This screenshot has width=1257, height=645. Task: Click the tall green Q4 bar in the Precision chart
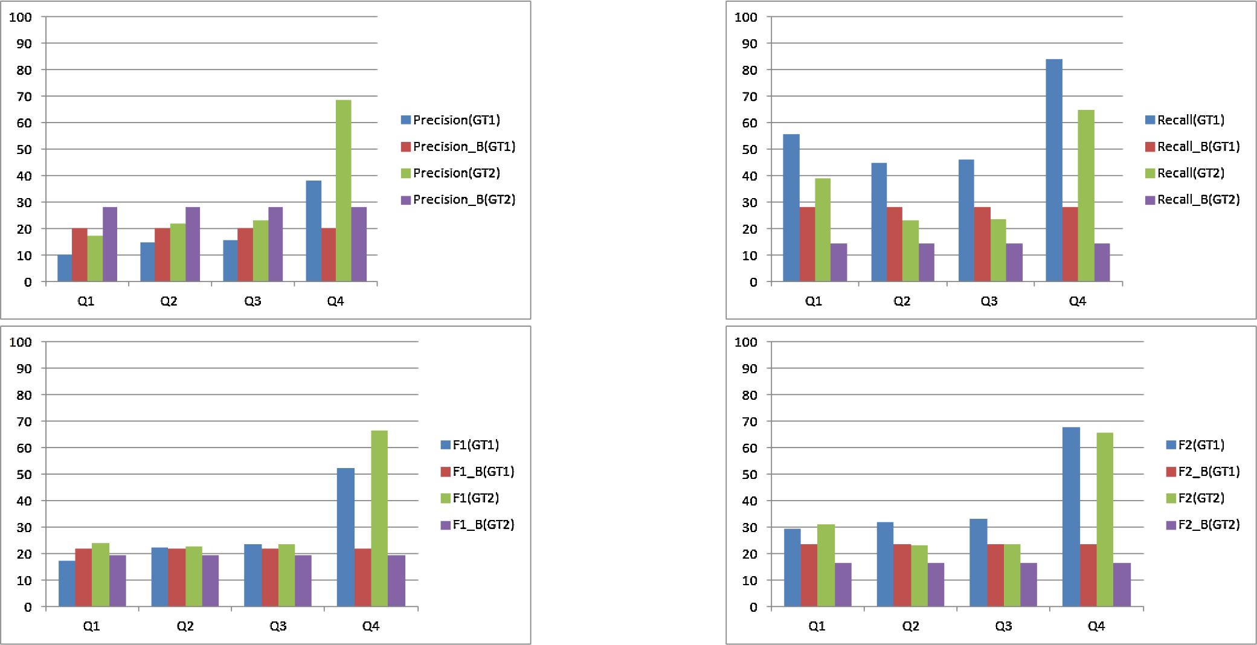[343, 190]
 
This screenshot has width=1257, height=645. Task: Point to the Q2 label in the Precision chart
[169, 301]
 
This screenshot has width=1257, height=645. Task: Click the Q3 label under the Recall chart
[989, 301]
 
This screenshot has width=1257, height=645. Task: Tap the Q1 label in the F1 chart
[91, 626]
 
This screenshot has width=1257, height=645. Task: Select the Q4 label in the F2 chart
[1096, 626]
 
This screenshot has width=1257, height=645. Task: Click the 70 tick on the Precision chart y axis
[24, 97]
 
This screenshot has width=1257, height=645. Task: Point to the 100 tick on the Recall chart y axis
[745, 18]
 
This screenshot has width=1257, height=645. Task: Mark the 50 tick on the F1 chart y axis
[24, 475]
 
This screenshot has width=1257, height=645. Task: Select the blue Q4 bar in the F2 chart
[1070, 516]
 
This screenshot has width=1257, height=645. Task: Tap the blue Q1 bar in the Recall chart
[791, 208]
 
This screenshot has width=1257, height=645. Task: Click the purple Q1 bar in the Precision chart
[110, 244]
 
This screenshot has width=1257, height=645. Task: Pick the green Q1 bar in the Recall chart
[822, 229]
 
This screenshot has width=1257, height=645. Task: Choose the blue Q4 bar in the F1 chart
[346, 537]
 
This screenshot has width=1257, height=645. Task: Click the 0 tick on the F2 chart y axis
[753, 607]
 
